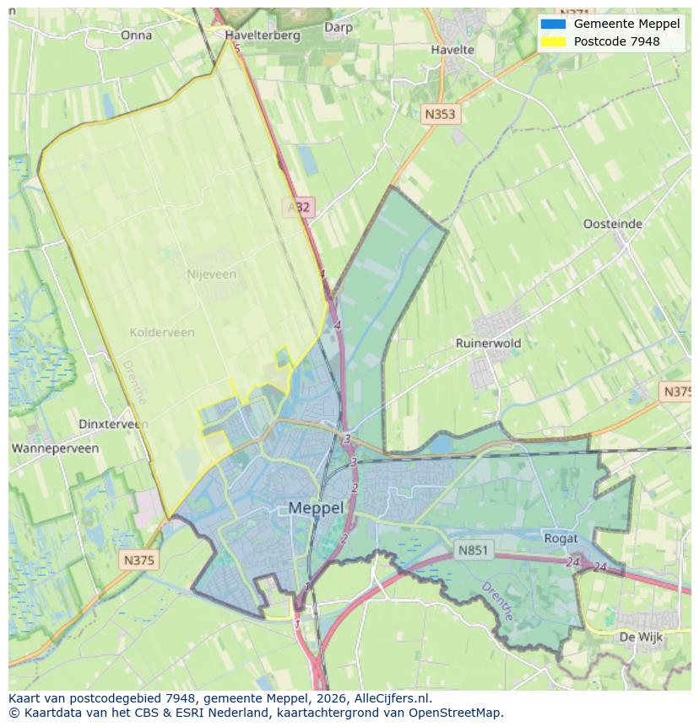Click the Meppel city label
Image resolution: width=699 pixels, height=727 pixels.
pyautogui.click(x=316, y=507)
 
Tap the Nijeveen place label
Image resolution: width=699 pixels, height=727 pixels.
pyautogui.click(x=211, y=274)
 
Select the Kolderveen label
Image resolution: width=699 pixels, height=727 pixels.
pyautogui.click(x=162, y=332)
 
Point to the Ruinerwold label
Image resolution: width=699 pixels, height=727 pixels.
pyautogui.click(x=488, y=343)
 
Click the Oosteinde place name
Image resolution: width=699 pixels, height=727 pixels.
pyautogui.click(x=613, y=224)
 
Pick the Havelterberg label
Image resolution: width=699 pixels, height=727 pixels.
pyautogui.click(x=263, y=35)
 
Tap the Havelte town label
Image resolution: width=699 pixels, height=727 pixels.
pyautogui.click(x=452, y=50)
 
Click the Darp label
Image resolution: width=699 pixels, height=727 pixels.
pyautogui.click(x=339, y=27)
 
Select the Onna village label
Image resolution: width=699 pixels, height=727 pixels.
pyautogui.click(x=136, y=35)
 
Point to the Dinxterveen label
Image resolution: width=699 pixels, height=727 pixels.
pyautogui.click(x=113, y=424)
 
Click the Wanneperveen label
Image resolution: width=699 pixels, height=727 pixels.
pyautogui.click(x=55, y=448)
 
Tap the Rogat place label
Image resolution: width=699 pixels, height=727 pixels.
pyautogui.click(x=561, y=538)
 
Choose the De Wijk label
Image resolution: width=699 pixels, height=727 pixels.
pyautogui.click(x=639, y=636)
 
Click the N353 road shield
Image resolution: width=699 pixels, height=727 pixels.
pyautogui.click(x=440, y=114)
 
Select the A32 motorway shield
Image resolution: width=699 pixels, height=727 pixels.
pyautogui.click(x=298, y=207)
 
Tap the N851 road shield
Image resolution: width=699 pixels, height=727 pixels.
pyautogui.click(x=473, y=550)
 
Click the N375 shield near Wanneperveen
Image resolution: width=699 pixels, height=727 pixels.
pyautogui.click(x=138, y=560)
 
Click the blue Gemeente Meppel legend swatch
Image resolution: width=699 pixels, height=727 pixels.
pyautogui.click(x=553, y=24)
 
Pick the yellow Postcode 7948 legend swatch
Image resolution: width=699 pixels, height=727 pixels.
pyautogui.click(x=553, y=41)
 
